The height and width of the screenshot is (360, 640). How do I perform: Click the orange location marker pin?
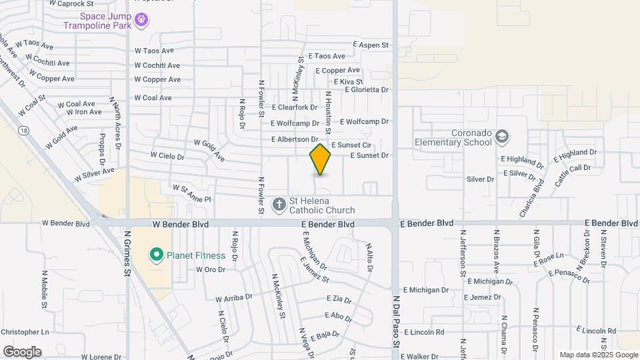(320, 159)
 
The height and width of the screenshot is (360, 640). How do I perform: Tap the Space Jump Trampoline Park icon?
(141, 21)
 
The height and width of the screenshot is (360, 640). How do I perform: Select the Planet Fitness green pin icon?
(156, 254)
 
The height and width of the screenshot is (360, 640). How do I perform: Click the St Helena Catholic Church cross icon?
(280, 203)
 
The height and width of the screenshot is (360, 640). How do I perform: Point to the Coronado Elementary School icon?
(502, 137)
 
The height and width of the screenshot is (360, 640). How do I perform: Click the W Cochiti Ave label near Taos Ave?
(157, 65)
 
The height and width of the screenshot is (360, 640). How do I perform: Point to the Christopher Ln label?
(25, 331)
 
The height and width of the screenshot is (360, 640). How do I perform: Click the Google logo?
(22, 352)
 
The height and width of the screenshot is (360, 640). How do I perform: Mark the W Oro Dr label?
(211, 269)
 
